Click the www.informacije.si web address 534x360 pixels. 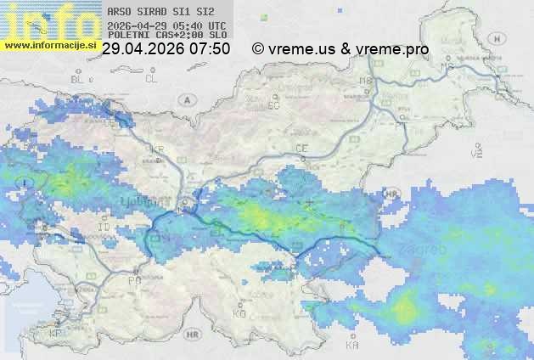48,45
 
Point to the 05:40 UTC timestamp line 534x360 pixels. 167,26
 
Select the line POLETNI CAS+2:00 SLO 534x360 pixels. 167,36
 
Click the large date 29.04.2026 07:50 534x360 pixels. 166,49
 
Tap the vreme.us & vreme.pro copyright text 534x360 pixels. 340,49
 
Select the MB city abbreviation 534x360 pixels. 367,81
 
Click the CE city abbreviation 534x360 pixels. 301,149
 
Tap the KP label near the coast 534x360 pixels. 56,334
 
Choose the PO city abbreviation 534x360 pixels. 134,280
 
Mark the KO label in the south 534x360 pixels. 239,313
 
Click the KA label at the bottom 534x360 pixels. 352,345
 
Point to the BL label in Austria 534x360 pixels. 78,79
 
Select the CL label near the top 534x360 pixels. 151,79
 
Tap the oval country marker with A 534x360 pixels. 185,99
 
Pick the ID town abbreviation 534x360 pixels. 104,228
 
